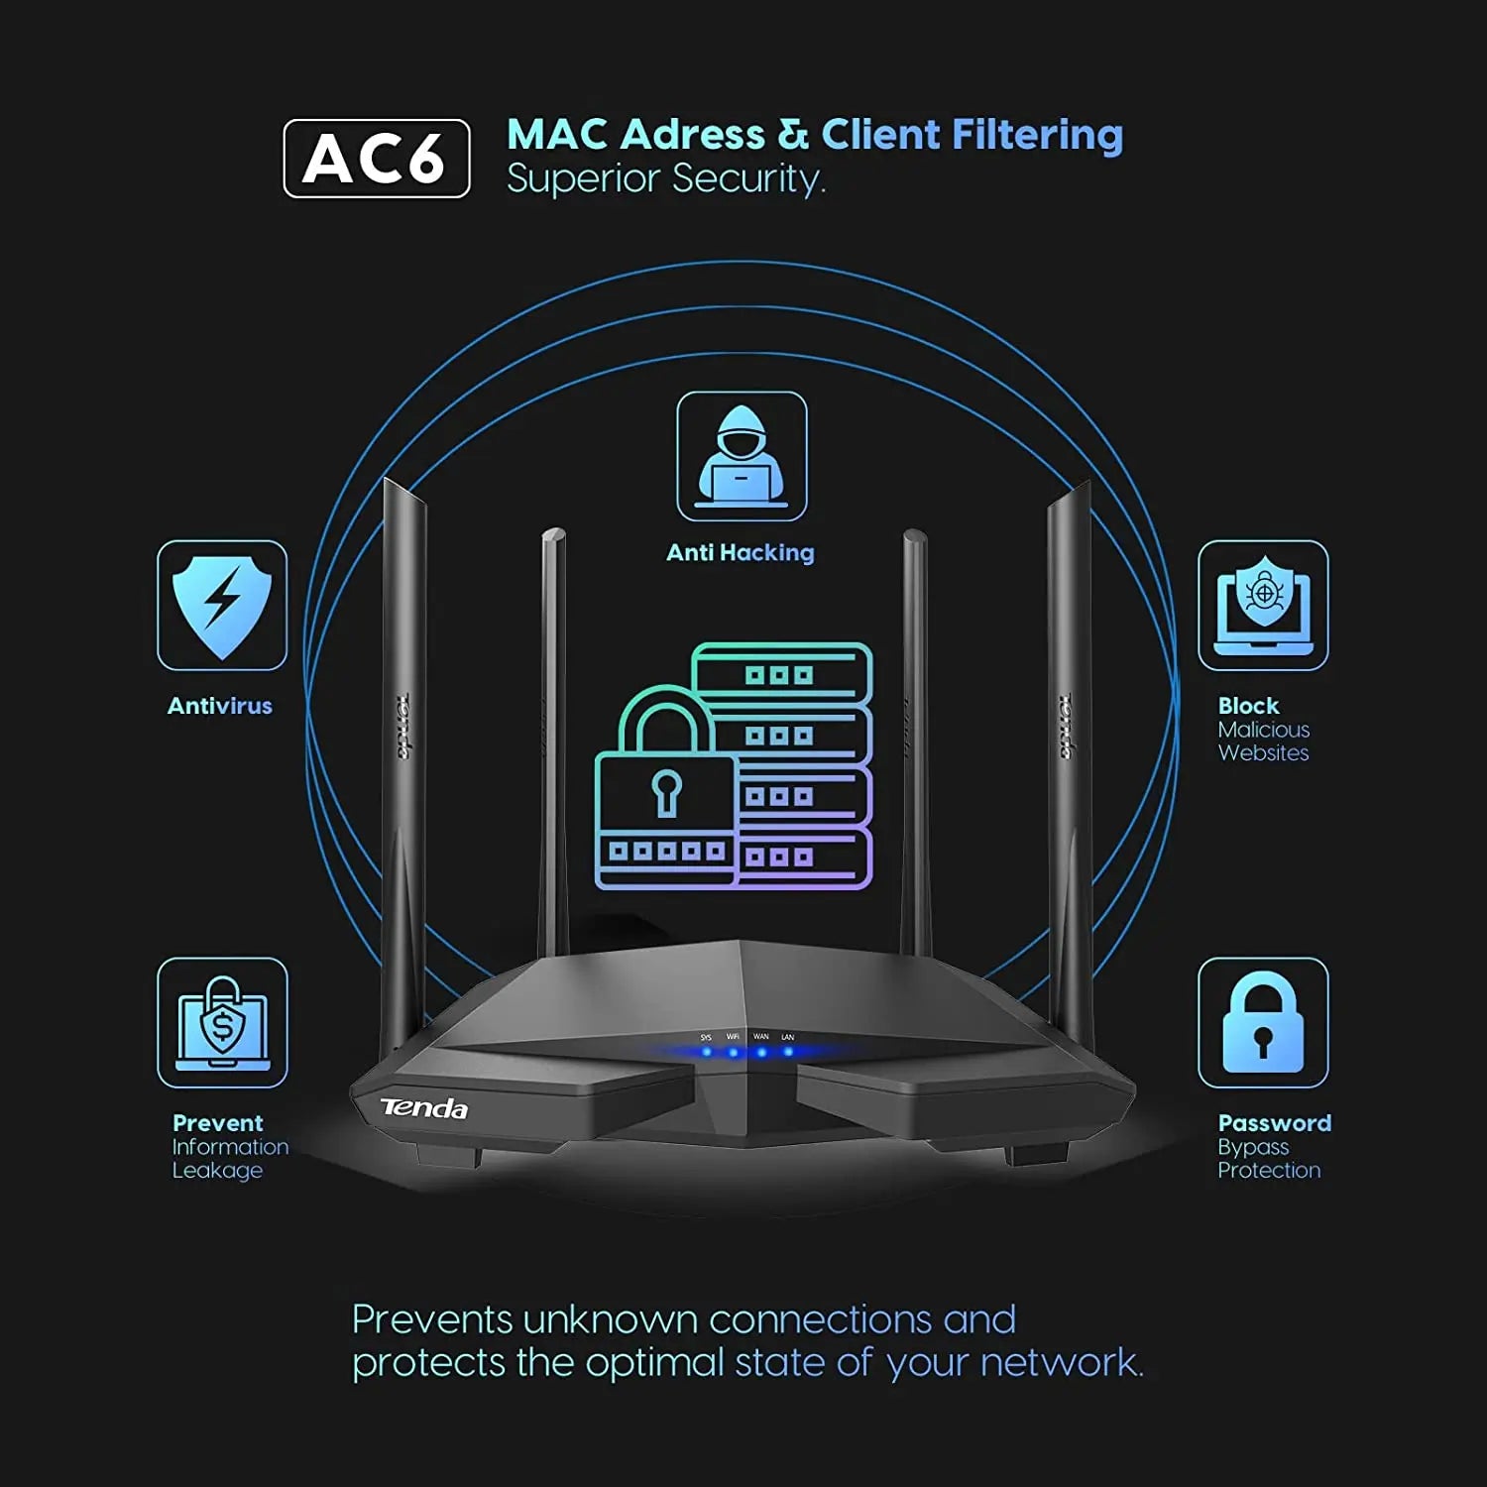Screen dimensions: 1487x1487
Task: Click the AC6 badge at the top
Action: [x=377, y=159]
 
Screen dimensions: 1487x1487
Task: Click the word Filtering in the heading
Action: [x=1037, y=136]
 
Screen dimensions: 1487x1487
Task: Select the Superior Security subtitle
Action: [x=665, y=179]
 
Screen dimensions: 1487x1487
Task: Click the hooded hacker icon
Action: [x=742, y=456]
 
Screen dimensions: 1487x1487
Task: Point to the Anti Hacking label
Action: [x=741, y=553]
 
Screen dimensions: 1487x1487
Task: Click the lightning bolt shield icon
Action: [x=222, y=605]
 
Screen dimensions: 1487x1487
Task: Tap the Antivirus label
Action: [x=220, y=706]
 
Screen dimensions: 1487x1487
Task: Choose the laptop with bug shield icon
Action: [x=1263, y=605]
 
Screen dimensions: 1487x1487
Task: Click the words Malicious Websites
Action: [x=1264, y=742]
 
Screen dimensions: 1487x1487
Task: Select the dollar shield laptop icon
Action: [x=222, y=1022]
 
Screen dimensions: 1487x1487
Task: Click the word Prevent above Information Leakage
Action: [x=218, y=1123]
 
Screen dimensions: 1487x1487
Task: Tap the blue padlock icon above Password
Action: [x=1263, y=1022]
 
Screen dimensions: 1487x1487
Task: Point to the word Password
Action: [x=1275, y=1123]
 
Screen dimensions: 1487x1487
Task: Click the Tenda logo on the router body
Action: [x=424, y=1108]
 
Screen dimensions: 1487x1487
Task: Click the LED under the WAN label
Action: [x=761, y=1052]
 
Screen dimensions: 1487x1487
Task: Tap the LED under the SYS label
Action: [x=707, y=1052]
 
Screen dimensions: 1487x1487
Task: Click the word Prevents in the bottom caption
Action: [x=433, y=1320]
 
